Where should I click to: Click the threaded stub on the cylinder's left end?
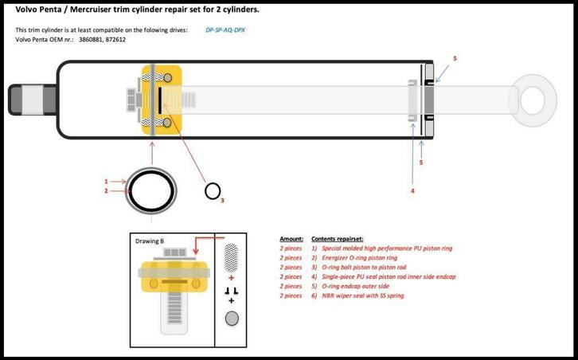click(23, 99)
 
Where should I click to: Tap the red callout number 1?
click(106, 182)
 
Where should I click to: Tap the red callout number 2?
click(106, 191)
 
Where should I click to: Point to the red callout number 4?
click(412, 191)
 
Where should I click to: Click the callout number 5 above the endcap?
click(455, 59)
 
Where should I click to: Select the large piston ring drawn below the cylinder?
click(150, 191)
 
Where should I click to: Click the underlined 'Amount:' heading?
click(291, 239)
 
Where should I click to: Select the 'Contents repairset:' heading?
click(338, 239)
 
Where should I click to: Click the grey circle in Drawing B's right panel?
click(232, 319)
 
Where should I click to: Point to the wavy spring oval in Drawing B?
click(232, 256)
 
